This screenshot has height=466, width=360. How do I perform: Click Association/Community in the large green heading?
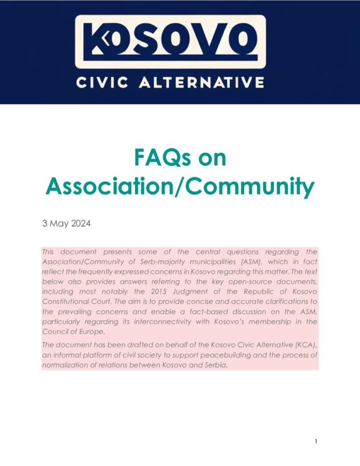180,187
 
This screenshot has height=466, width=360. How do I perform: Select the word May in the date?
61,223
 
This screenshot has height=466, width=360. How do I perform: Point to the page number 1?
316,441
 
